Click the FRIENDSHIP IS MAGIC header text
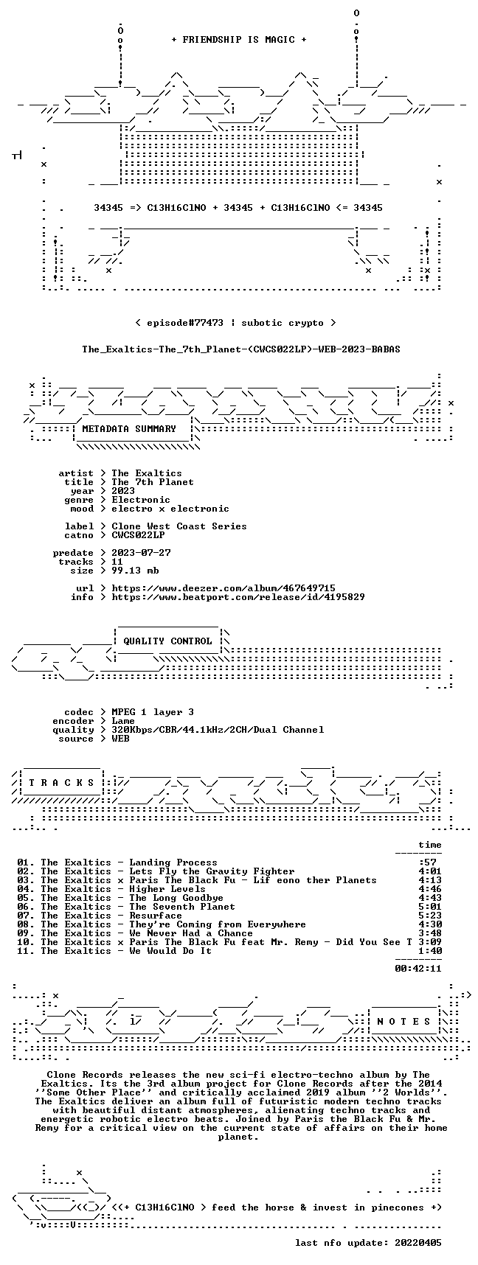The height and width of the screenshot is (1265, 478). (x=238, y=40)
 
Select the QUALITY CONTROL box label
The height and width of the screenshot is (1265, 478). (x=167, y=641)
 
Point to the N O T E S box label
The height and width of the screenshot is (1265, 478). (x=403, y=1021)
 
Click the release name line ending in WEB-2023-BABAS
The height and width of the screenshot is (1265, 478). (x=241, y=349)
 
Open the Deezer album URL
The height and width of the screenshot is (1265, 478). (x=224, y=588)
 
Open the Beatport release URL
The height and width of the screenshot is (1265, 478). (x=238, y=596)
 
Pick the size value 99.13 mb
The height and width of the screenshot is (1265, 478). (x=135, y=570)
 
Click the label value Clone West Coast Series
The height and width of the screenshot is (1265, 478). (x=179, y=526)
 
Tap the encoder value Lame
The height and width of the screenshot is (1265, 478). (x=123, y=720)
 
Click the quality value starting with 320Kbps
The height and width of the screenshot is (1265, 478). (x=218, y=729)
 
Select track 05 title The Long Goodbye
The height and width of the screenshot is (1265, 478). (x=176, y=897)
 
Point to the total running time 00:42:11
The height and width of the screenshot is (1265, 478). (x=418, y=968)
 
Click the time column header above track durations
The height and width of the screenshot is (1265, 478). (x=430, y=844)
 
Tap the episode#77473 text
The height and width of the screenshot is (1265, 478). (x=185, y=322)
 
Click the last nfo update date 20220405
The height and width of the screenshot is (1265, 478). (x=418, y=1242)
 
